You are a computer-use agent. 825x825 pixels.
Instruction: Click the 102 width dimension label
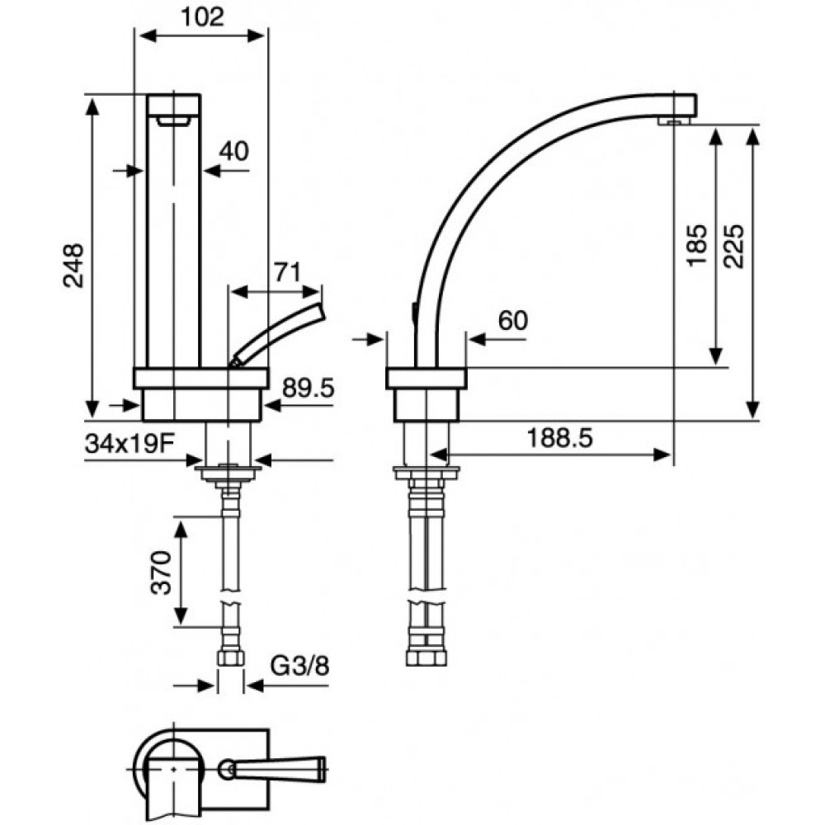click(x=203, y=16)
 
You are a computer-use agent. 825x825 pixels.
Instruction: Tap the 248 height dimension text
click(x=73, y=265)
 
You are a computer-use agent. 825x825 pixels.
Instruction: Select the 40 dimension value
click(x=233, y=152)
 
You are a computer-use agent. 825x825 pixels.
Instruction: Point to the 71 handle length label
click(x=287, y=272)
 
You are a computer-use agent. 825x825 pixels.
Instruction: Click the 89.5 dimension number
click(x=308, y=389)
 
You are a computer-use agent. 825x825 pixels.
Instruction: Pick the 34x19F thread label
click(x=130, y=445)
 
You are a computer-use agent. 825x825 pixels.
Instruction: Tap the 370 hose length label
click(x=162, y=573)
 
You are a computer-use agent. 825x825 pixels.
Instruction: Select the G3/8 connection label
click(x=300, y=666)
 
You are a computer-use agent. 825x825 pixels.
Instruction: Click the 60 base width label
click(x=512, y=320)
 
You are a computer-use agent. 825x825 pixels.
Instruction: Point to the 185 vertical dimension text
click(x=697, y=245)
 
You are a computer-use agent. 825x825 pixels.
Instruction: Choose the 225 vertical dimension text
click(x=733, y=246)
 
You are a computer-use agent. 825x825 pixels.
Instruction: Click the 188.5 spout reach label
click(x=560, y=438)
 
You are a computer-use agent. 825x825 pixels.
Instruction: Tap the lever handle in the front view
click(x=278, y=334)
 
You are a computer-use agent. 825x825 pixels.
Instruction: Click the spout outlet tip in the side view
click(x=675, y=121)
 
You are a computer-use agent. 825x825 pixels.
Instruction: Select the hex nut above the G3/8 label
click(x=230, y=658)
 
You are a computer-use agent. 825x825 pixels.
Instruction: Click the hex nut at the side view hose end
click(x=427, y=658)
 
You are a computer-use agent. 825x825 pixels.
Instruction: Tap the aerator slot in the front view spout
click(x=173, y=122)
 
